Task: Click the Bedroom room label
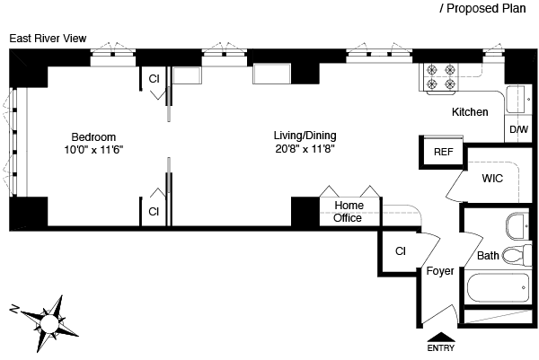93,136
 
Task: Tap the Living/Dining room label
305,136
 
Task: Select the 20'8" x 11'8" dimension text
305,149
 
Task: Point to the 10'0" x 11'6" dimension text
93,149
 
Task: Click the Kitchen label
470,112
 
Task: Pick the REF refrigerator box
443,152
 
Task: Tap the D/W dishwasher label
518,130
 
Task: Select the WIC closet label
491,179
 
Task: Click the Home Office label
348,211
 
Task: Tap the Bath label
488,256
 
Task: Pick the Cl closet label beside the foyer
401,250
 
